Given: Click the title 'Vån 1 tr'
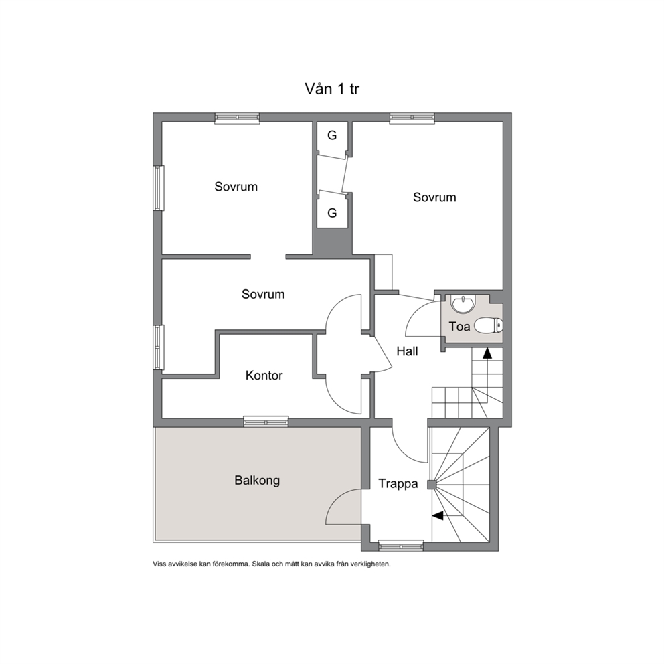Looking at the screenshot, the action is [x=332, y=89].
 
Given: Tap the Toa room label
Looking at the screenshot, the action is [x=459, y=327].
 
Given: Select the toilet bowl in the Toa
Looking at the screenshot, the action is [x=488, y=326].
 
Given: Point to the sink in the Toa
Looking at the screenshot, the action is [x=463, y=304].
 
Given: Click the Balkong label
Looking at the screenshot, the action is [x=257, y=481].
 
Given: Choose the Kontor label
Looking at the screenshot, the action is [x=264, y=376].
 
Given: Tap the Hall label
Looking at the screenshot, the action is [x=407, y=351].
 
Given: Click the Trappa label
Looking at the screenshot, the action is [x=398, y=483].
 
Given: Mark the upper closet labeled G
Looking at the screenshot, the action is [x=333, y=135].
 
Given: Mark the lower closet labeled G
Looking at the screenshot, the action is [x=333, y=213].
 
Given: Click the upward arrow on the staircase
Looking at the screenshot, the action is [x=487, y=353].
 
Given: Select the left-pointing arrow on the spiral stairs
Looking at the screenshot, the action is [x=438, y=516].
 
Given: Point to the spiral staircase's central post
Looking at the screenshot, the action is [x=432, y=485].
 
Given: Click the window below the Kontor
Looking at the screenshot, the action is [x=266, y=422].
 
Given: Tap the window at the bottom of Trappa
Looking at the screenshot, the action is [x=400, y=546].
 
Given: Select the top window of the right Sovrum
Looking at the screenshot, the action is [x=412, y=118].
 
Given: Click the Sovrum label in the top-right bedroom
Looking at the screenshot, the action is [x=434, y=197].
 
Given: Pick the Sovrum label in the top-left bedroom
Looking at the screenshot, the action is [x=236, y=187].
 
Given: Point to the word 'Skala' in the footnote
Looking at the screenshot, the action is [x=260, y=564].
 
